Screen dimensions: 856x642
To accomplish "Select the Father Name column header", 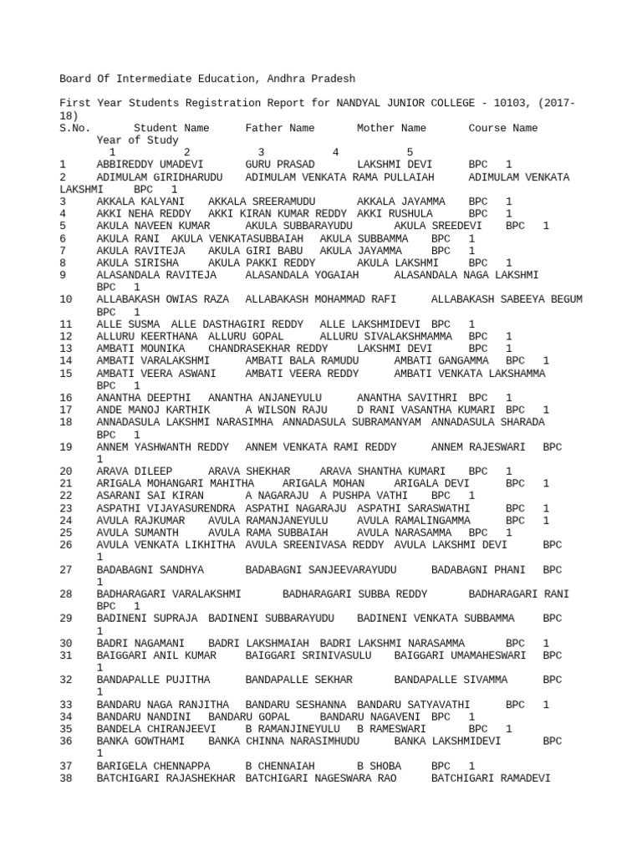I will pyautogui.click(x=279, y=128).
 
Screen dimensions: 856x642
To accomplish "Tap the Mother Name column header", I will pyautogui.click(x=391, y=128).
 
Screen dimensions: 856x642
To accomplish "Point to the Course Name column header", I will pyautogui.click(x=502, y=128).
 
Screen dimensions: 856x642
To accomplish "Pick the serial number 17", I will pyautogui.click(x=66, y=410).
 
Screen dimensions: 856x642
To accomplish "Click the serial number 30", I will pyautogui.click(x=66, y=643).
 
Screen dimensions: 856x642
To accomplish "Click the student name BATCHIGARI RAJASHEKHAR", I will pyautogui.click(x=165, y=778).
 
